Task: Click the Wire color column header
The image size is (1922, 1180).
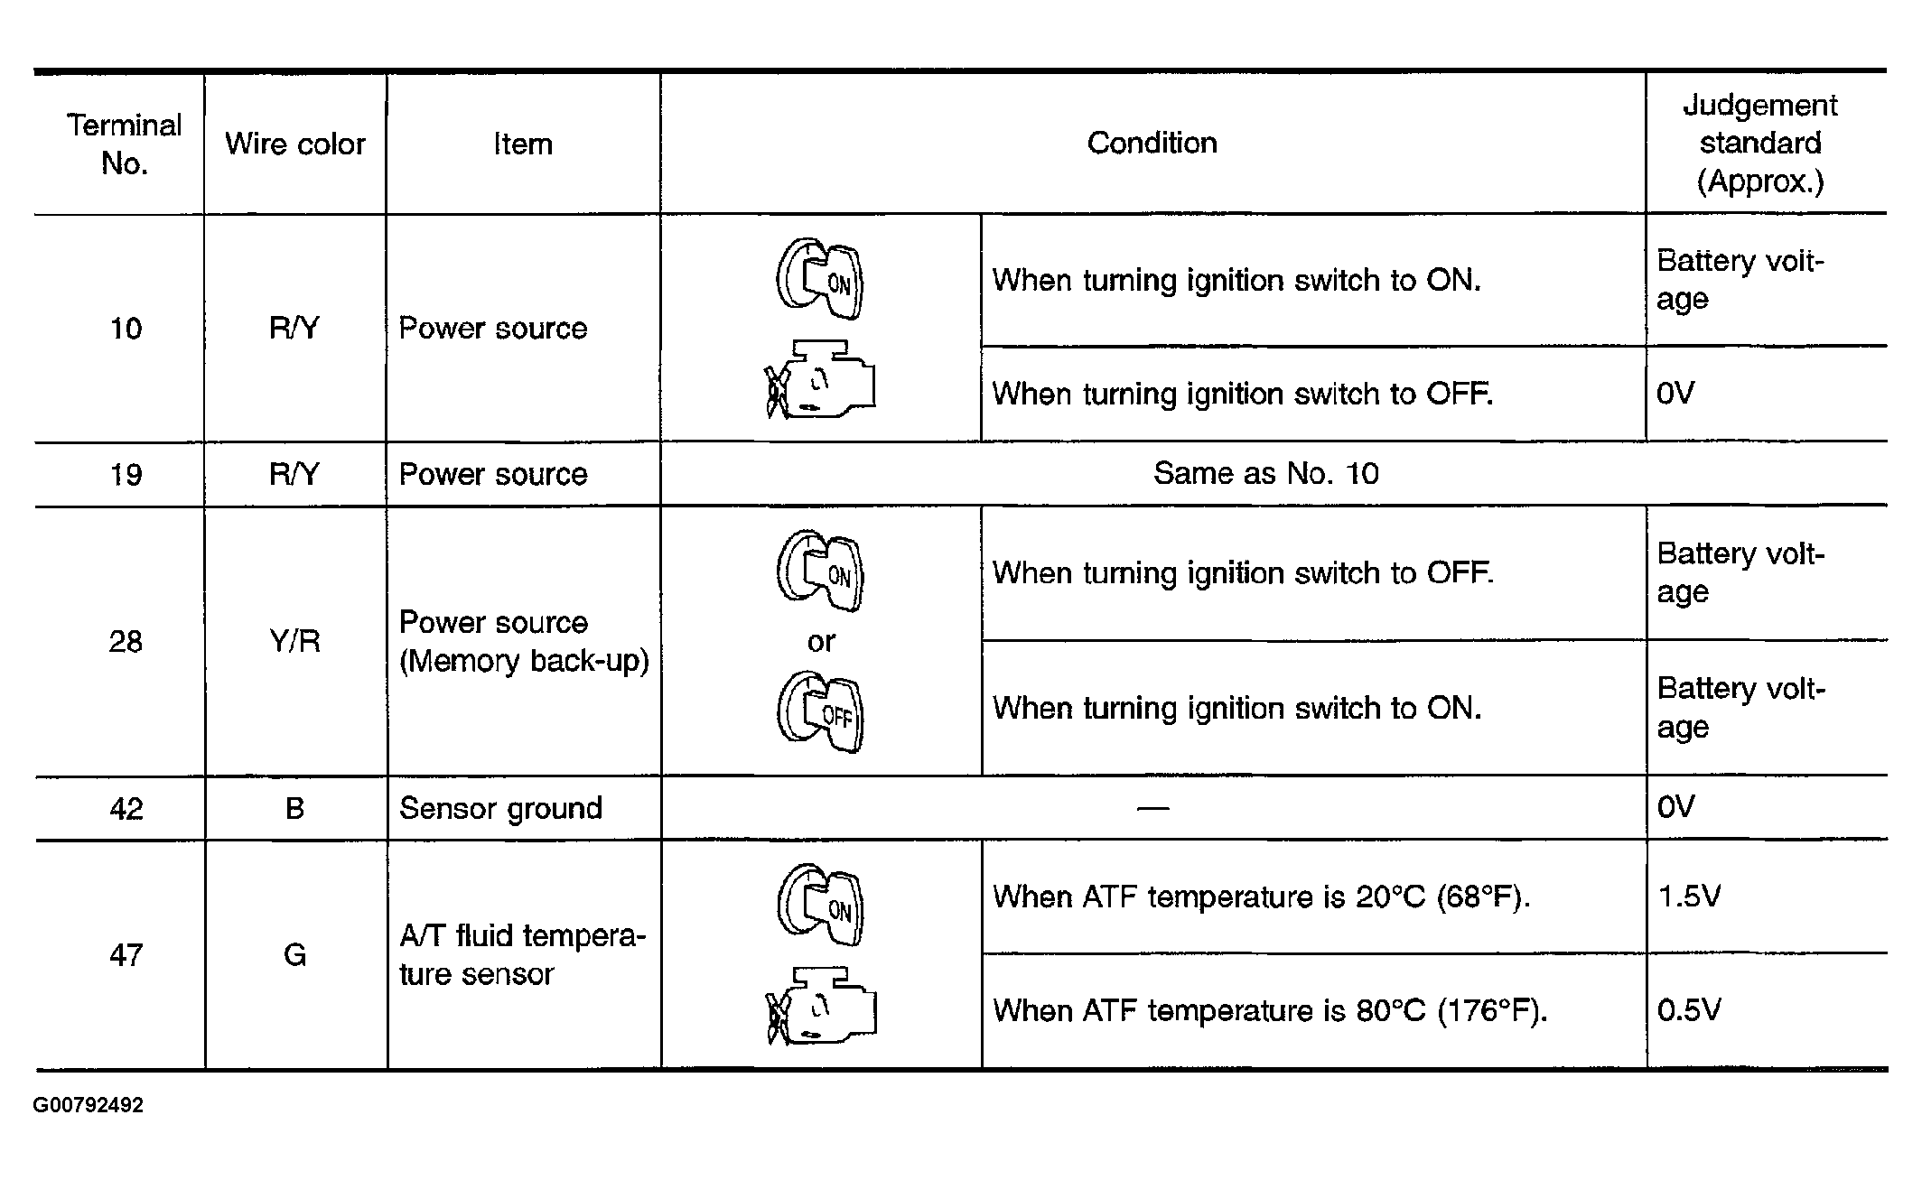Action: [294, 144]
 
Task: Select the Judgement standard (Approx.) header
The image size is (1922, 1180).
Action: [1759, 144]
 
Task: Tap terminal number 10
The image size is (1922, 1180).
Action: [126, 329]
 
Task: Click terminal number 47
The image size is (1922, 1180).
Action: [126, 955]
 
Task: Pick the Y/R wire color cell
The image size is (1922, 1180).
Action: [294, 641]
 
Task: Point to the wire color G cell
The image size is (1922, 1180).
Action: [294, 955]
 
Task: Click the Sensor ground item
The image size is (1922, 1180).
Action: [500, 808]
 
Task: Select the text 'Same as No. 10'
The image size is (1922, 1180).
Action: [1265, 474]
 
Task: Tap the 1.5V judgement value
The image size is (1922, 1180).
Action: [1689, 897]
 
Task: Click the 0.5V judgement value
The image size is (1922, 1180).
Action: [1689, 1009]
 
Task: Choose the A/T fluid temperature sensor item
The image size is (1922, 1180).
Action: [522, 955]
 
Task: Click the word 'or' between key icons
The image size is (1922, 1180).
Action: [821, 642]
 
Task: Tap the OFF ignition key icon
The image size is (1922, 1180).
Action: [820, 712]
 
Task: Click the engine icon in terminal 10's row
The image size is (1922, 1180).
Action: [820, 379]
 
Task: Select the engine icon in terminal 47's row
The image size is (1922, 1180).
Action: [821, 1006]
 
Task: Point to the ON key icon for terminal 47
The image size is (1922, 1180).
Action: [820, 906]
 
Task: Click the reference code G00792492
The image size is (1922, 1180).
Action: [89, 1106]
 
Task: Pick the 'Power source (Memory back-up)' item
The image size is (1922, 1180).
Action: [524, 642]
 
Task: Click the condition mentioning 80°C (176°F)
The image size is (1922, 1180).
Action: [1270, 1010]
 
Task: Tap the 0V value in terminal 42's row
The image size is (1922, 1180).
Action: [1675, 807]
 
